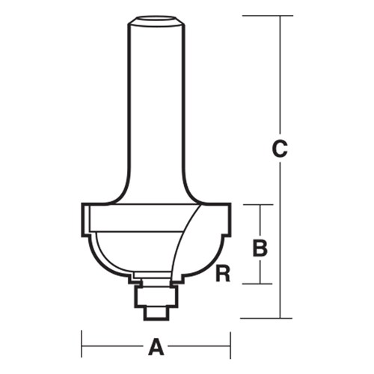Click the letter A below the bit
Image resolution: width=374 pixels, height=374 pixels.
156,346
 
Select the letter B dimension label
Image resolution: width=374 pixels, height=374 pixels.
260,247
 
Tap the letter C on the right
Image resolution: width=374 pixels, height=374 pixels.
280,149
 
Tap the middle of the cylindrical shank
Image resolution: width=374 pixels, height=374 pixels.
156,105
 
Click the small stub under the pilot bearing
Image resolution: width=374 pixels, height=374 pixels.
156,312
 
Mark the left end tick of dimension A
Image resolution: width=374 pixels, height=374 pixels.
82,346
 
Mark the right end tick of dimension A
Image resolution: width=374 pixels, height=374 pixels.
230,346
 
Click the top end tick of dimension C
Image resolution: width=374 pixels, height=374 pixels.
280,15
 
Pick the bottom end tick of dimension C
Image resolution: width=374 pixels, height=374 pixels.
280,318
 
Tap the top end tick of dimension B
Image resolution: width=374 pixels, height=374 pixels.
260,205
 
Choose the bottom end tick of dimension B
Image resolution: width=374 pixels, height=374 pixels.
260,283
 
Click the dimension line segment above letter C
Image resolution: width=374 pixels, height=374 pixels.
280,75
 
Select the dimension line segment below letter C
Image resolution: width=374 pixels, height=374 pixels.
280,239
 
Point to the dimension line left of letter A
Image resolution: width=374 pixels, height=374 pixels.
112,346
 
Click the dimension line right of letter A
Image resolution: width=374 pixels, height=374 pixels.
199,346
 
